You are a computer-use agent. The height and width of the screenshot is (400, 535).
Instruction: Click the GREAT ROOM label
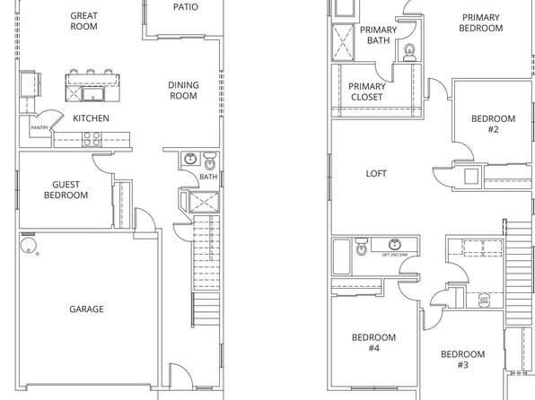(x=83, y=21)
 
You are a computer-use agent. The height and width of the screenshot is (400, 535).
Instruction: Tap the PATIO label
(x=186, y=6)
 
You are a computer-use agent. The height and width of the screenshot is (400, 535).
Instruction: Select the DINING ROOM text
(x=183, y=91)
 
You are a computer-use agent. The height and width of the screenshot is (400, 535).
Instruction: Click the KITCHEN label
(x=91, y=118)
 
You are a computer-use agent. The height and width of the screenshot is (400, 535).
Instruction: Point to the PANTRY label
(x=39, y=128)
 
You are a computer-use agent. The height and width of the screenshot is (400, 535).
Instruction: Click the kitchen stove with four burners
(x=92, y=138)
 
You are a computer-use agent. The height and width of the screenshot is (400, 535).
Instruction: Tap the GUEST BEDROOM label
(x=66, y=189)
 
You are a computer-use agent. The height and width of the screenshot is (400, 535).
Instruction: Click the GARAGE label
(x=87, y=309)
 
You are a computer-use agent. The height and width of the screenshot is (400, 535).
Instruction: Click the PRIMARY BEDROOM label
(x=481, y=22)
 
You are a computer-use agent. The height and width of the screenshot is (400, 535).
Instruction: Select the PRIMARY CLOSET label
(x=365, y=91)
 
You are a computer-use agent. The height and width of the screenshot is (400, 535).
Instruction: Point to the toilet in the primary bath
(x=409, y=50)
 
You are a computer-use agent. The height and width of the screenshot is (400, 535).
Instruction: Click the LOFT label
(x=377, y=173)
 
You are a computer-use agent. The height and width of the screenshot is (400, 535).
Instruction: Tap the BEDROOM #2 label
(x=494, y=125)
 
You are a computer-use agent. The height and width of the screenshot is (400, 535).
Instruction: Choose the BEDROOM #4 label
(x=373, y=343)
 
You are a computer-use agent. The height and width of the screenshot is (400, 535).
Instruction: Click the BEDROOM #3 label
(x=462, y=359)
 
